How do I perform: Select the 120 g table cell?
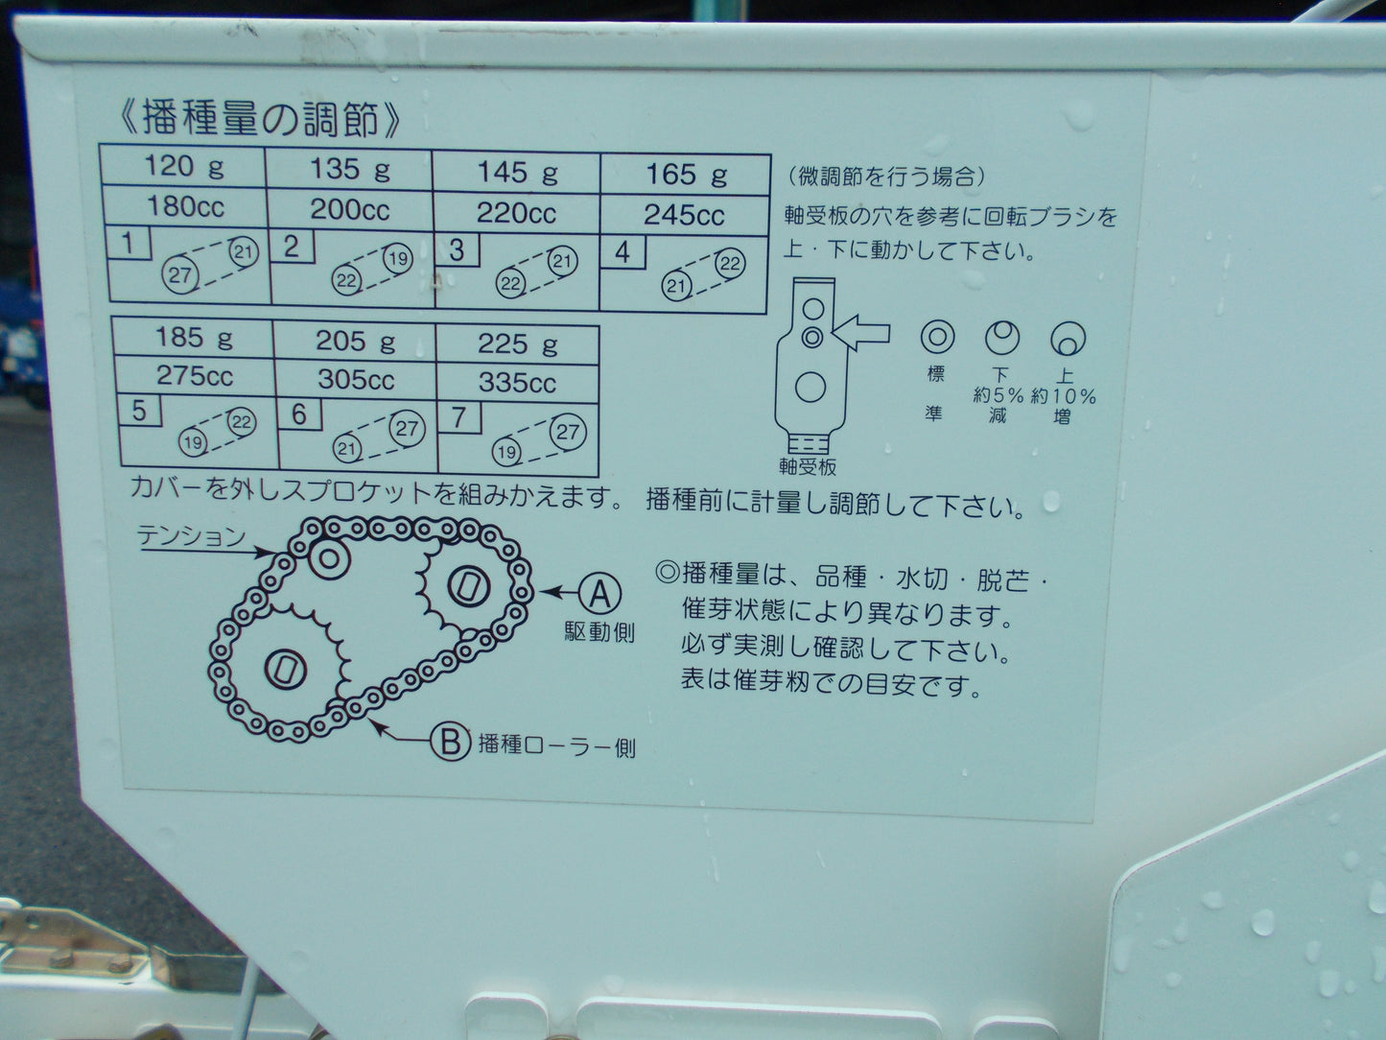185,167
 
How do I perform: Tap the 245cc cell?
683,215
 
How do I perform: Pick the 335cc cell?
517,383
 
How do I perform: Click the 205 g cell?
355,341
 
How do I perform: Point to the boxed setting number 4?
623,252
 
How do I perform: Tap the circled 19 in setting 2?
398,258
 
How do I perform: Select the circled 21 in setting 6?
347,448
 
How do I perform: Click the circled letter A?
599,593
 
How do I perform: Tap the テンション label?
191,535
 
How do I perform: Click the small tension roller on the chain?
327,557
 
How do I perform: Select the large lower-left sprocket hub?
284,668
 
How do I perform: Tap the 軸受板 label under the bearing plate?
808,467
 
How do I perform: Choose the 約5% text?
998,396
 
